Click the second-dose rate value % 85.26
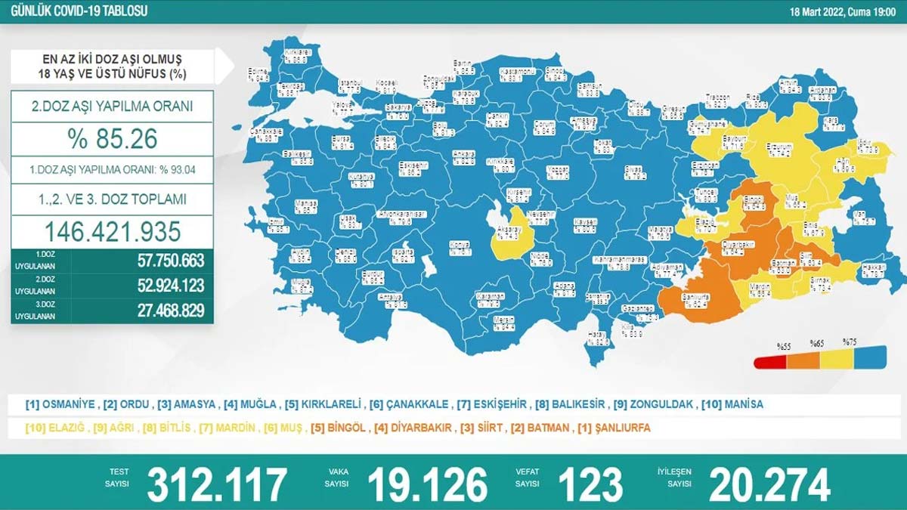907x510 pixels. point(113,139)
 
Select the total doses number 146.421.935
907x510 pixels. point(113,230)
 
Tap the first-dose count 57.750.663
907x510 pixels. point(159,261)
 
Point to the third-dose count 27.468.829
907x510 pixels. point(159,310)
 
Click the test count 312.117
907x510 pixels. point(217,484)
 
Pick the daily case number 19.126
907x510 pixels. point(427,484)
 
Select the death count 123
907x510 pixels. point(590,484)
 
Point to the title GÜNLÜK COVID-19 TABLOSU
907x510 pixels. point(75,11)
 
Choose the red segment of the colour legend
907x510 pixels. point(770,361)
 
